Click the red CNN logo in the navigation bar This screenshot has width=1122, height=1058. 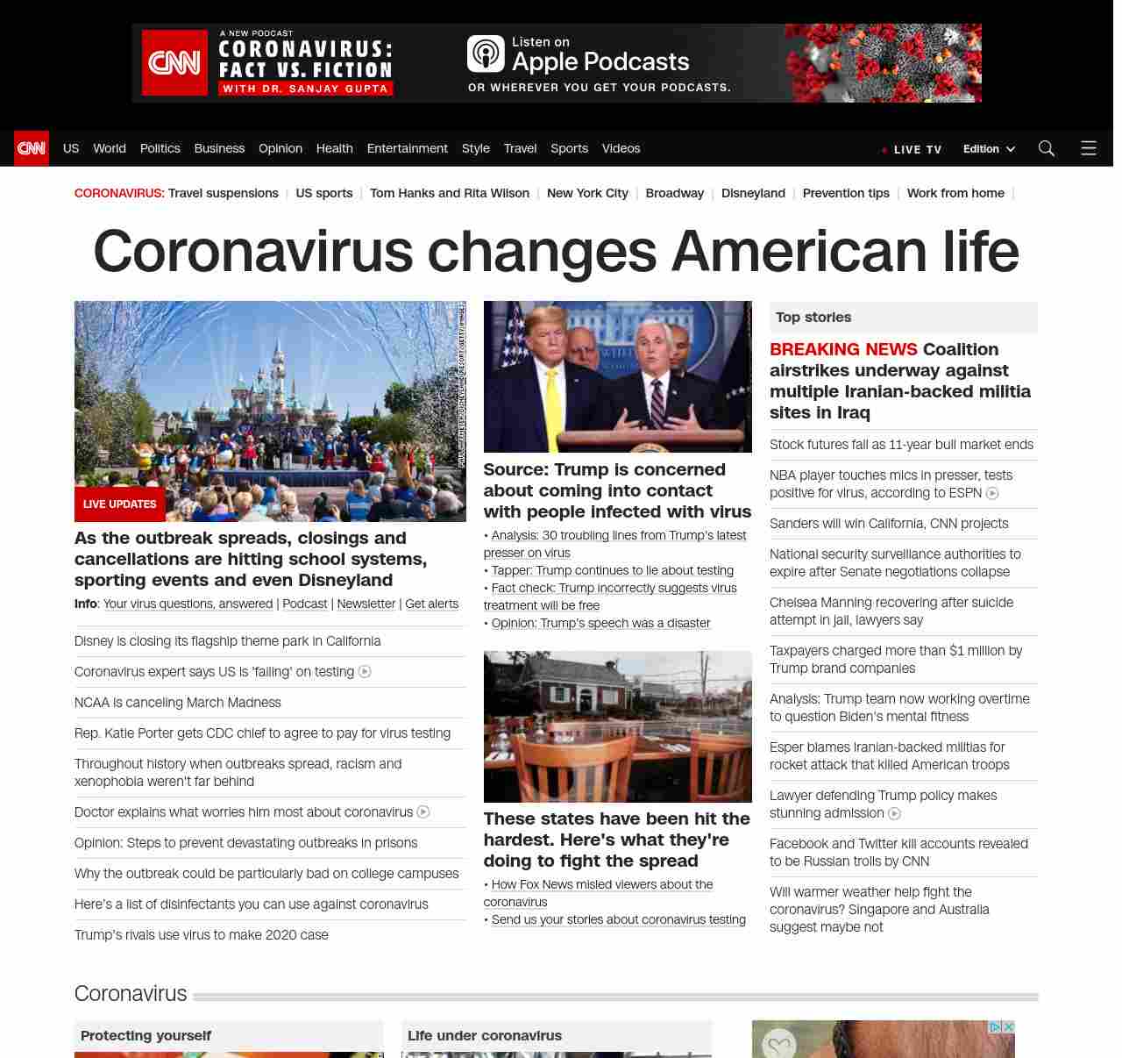pos(32,148)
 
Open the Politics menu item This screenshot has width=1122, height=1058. pos(160,148)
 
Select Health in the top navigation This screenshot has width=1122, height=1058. pos(334,148)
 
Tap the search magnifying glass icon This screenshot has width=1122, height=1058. pos(1046,148)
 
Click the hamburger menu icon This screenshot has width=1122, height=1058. pos(1088,148)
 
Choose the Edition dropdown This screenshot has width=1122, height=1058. pos(988,149)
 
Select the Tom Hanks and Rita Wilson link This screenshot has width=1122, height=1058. pos(449,193)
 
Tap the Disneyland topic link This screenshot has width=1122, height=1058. pos(753,193)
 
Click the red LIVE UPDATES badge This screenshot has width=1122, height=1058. pos(119,504)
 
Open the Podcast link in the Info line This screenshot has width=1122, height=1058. pos(304,604)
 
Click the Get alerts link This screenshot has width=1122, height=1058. pos(431,604)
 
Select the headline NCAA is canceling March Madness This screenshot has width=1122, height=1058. pos(178,703)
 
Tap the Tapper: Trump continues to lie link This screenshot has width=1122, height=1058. pos(612,570)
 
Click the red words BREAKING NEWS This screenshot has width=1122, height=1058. pos(843,349)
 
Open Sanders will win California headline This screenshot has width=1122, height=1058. pos(889,524)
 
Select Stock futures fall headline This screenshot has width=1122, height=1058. pos(901,445)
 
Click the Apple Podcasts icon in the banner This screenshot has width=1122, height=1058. pos(486,54)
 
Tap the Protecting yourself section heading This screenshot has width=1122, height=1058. pos(146,1035)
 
